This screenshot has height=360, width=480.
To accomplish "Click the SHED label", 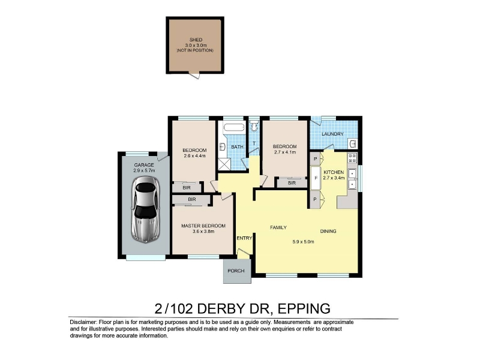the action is coord(196,40).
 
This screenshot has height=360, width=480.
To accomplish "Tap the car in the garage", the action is coord(145,209).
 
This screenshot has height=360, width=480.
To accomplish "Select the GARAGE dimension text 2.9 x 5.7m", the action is coord(144,170).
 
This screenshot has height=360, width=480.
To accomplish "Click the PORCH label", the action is coord(236,271).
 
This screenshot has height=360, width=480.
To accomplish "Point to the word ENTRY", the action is coord(244,238).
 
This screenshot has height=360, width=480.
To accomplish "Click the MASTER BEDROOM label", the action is coord(203,226).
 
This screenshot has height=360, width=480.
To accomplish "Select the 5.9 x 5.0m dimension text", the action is coord(304,242).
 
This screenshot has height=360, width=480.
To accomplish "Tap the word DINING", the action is coord(328,231).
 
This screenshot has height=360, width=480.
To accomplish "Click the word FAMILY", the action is coord(278,227).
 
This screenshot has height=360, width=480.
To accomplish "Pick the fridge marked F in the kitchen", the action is coord(316,178).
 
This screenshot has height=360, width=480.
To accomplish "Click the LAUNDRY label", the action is coord(332,134).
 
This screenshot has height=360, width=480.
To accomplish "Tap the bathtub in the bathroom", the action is coord(234,127).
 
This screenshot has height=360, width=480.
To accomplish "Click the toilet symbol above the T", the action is coord(254,125).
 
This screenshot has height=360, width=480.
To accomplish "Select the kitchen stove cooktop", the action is coord(352,158).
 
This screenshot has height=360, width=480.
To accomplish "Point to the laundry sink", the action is coord(353,143).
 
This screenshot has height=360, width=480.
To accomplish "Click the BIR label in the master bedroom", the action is coord(192,200).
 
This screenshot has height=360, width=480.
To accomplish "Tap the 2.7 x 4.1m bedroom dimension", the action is coord(284,152).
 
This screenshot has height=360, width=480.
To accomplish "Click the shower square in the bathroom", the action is coord(224,164).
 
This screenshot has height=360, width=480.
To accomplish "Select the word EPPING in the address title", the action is coord(304,308).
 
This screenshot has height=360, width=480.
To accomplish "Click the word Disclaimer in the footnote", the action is coord(83,322).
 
